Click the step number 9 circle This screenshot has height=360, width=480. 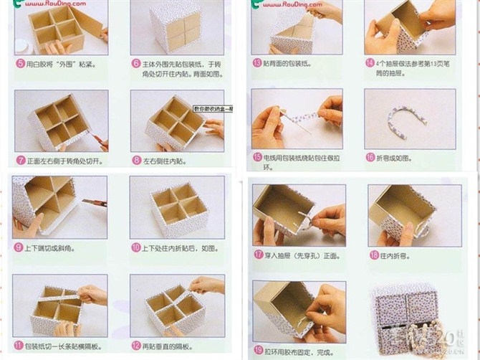[x=19, y=247]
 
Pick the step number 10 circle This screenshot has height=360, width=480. [x=135, y=247]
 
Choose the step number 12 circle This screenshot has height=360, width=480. [x=135, y=345]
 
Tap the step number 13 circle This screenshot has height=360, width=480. [x=256, y=63]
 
